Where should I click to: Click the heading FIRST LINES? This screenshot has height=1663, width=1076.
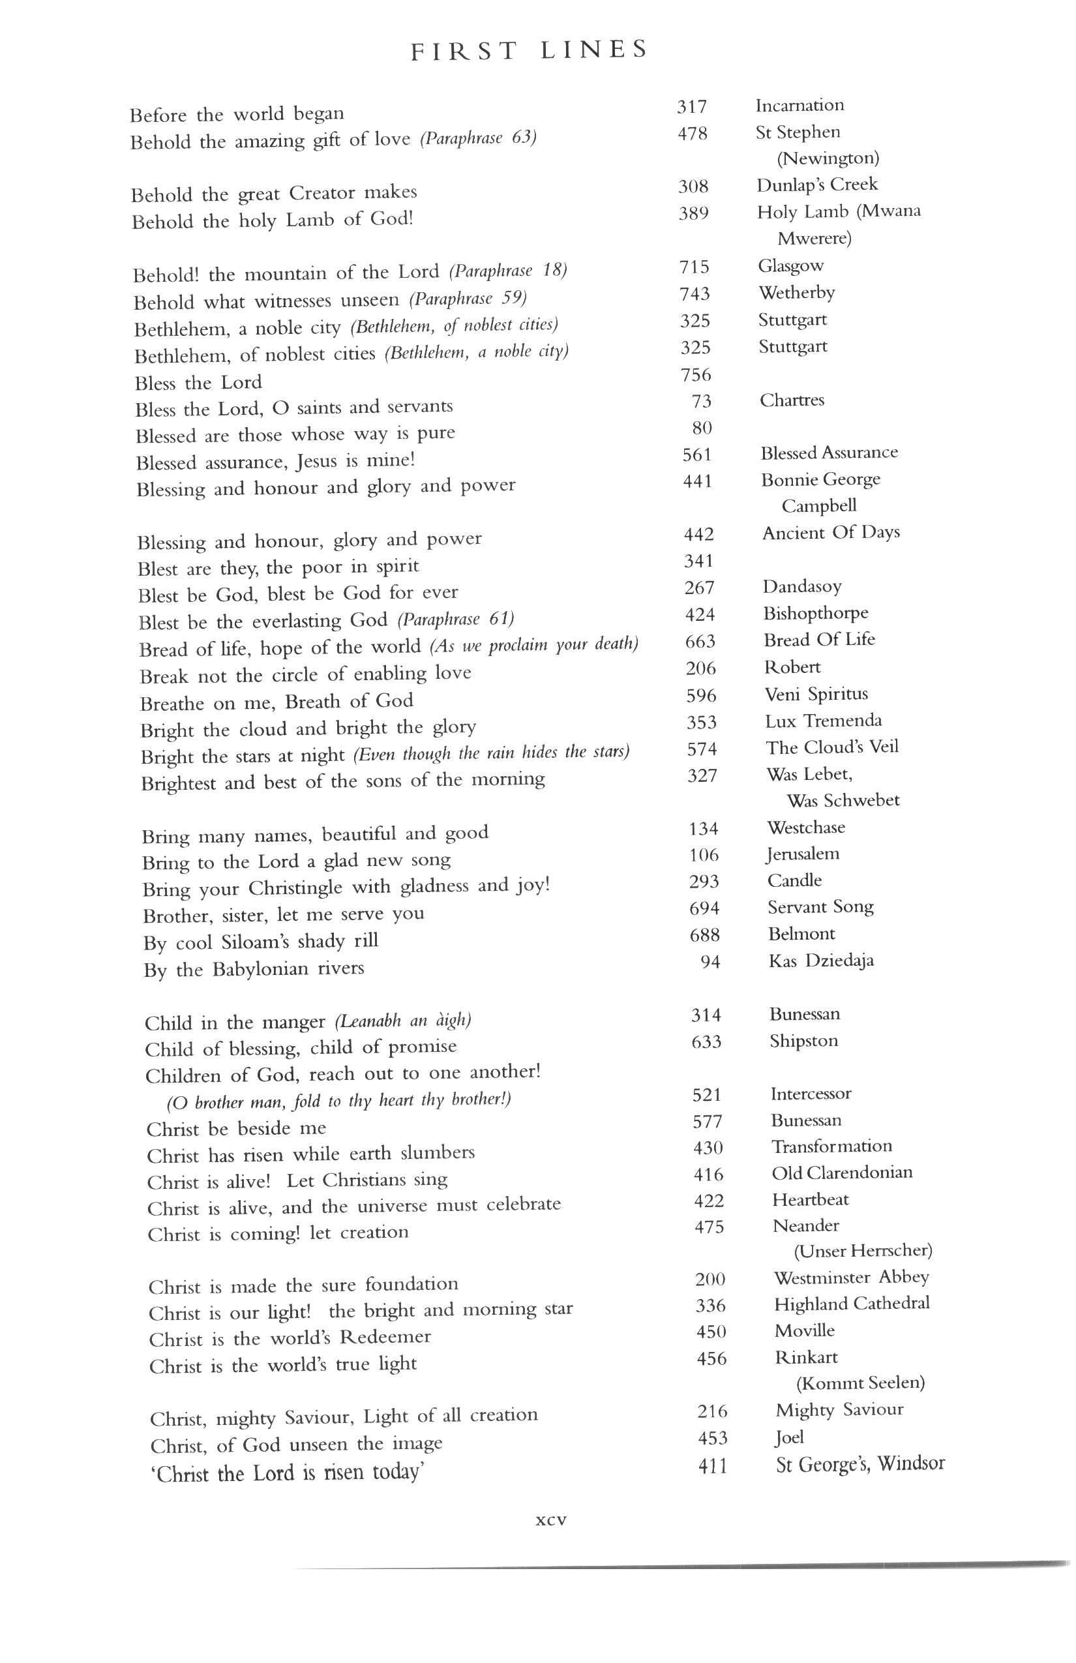tap(529, 51)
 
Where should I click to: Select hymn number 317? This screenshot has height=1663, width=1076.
tap(692, 107)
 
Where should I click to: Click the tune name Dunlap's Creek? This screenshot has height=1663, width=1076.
tap(816, 185)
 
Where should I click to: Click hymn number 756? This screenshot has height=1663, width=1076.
tap(696, 375)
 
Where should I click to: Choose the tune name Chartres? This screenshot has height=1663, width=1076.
tap(792, 400)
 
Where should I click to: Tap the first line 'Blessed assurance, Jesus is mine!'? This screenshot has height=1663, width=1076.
tap(275, 461)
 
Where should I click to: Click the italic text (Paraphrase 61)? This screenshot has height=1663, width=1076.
tap(456, 620)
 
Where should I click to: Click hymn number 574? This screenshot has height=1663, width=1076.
tap(702, 749)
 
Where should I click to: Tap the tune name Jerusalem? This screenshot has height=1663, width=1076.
tap(803, 854)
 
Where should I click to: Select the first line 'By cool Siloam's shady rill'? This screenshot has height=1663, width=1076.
tap(261, 942)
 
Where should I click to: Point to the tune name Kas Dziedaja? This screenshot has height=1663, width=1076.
tap(821, 961)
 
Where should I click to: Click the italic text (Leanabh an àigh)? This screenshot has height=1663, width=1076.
tap(403, 1021)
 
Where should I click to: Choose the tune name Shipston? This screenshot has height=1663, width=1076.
tap(803, 1041)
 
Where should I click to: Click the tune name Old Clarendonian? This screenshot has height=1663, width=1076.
tap(842, 1173)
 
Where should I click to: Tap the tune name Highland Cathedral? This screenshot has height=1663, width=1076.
tap(852, 1304)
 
